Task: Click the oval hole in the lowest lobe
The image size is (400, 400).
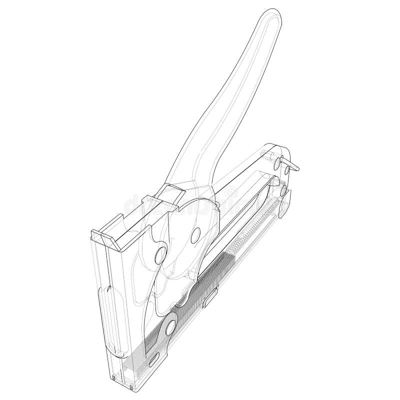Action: click(171, 326)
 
